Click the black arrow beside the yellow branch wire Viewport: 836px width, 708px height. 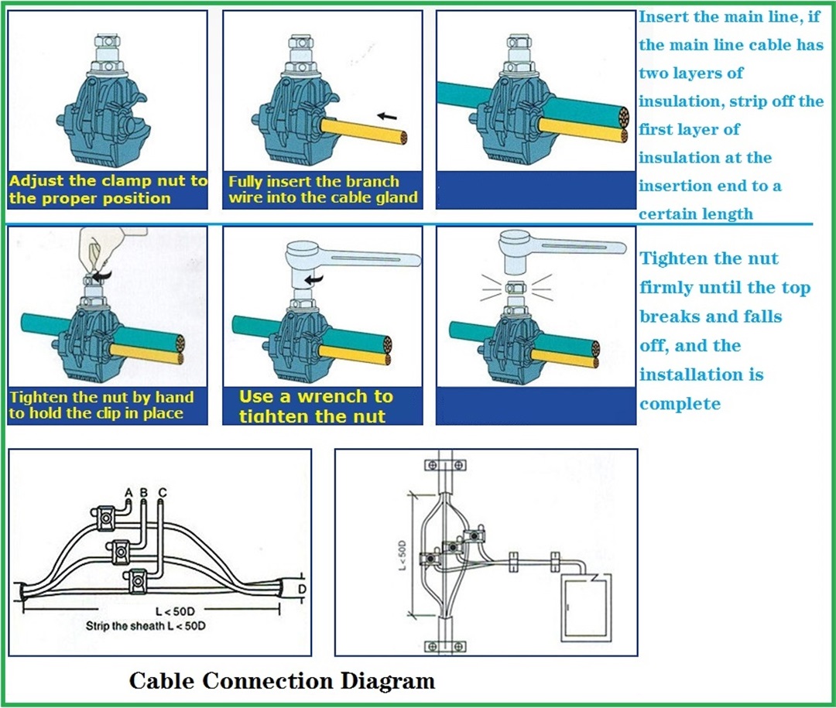click(386, 116)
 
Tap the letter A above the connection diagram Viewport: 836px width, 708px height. click(128, 493)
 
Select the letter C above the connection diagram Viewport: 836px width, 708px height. click(162, 493)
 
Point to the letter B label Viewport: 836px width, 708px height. click(143, 493)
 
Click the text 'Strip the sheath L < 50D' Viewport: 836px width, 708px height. click(146, 625)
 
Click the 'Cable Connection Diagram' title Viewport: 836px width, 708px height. click(282, 681)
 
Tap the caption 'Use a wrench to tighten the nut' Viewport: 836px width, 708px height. click(316, 406)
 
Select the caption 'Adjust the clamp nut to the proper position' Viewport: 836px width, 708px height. click(108, 190)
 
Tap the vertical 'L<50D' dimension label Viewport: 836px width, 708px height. click(403, 555)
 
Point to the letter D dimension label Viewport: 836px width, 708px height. click(302, 589)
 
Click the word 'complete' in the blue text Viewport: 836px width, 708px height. click(680, 404)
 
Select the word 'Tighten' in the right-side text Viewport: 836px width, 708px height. click(670, 259)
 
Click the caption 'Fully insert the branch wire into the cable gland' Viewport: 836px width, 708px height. click(323, 190)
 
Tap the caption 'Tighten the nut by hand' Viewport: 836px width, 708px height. click(101, 397)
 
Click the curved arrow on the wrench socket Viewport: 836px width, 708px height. click(314, 279)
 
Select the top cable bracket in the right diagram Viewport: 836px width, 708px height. click(445, 466)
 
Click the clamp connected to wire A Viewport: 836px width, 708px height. click(104, 518)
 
